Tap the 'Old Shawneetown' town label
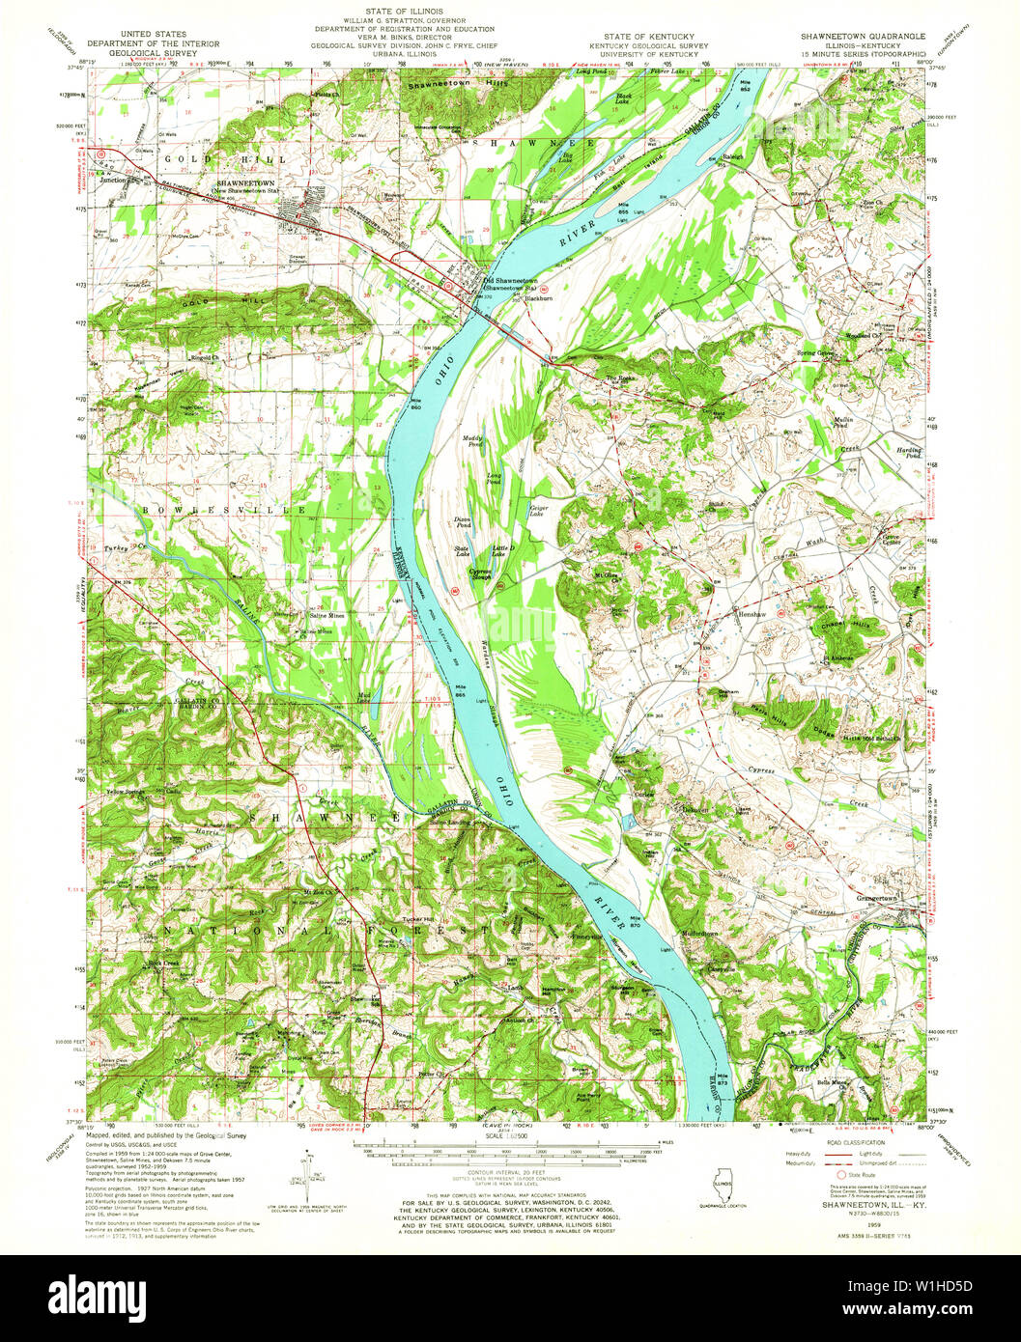tap(511, 281)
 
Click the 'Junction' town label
tap(113, 180)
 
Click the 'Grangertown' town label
tap(877, 899)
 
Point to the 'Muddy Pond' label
tap(472, 442)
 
